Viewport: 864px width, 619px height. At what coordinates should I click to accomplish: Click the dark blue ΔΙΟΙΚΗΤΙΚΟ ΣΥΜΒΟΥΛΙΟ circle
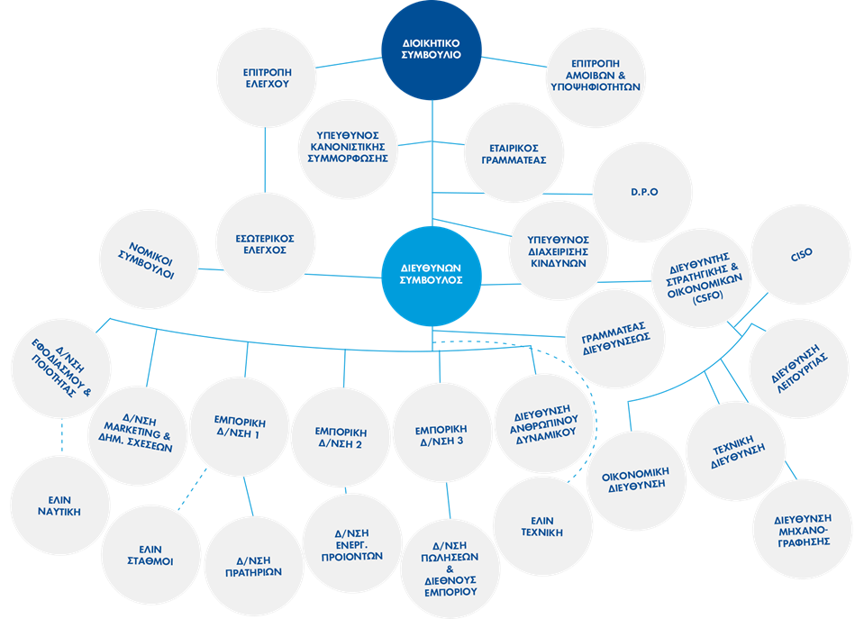click(432, 50)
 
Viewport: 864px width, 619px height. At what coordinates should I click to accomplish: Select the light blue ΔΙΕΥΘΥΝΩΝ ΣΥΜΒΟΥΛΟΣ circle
click(432, 274)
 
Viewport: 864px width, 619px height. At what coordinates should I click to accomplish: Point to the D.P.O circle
click(642, 193)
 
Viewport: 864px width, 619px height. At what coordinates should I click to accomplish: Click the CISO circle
click(801, 254)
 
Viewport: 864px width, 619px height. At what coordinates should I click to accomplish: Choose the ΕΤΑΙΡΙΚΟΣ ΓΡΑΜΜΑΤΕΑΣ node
click(514, 153)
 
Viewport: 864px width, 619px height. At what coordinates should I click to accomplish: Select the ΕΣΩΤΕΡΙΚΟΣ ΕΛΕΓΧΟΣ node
click(265, 244)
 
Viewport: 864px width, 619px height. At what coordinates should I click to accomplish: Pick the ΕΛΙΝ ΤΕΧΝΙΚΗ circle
click(541, 526)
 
